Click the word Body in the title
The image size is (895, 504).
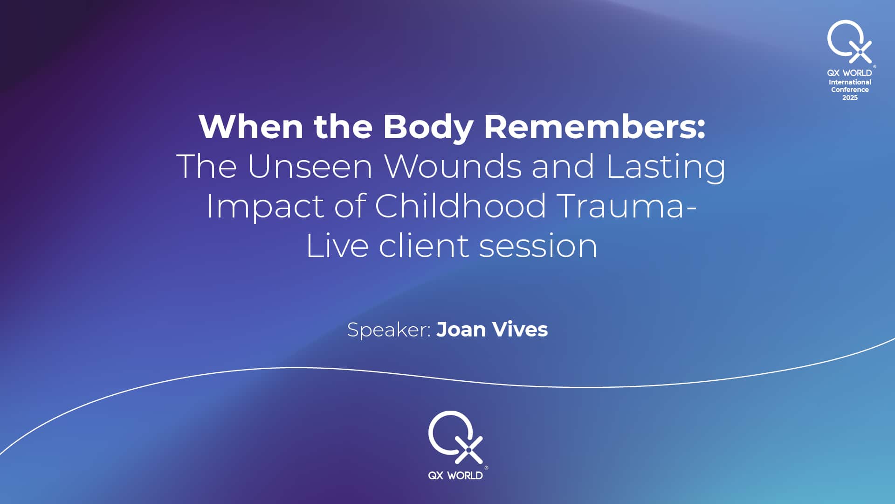428,127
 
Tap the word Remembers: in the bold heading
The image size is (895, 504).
595,126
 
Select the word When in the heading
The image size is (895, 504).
251,126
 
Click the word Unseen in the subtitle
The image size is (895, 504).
310,166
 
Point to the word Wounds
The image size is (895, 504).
452,166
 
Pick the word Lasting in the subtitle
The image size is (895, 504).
666,167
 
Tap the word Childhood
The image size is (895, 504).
460,206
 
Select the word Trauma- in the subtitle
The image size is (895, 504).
626,206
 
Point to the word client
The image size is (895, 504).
424,245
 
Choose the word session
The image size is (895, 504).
538,246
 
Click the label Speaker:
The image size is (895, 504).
389,330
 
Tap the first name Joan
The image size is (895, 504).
461,329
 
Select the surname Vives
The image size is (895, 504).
520,329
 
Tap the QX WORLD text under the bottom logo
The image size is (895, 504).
455,476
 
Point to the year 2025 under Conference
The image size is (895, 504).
850,98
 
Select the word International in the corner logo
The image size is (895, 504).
850,82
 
